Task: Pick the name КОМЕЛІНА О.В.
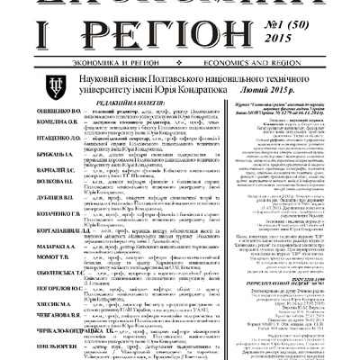pyautogui.click(x=31, y=170)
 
